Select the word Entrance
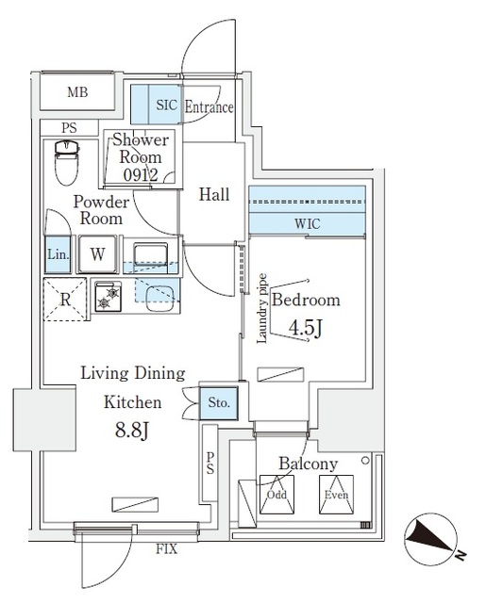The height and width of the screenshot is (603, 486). [x=209, y=106]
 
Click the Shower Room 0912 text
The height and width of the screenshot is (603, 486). [x=142, y=157]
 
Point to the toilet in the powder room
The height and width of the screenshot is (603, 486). [x=66, y=164]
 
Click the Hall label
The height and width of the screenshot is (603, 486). [x=214, y=195]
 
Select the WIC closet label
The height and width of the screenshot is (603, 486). [x=308, y=224]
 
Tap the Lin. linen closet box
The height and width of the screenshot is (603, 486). [x=56, y=253]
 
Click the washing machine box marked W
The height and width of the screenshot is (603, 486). [x=97, y=253]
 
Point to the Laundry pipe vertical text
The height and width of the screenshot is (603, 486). [x=262, y=309]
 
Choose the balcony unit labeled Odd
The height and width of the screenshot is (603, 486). [x=277, y=495]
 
